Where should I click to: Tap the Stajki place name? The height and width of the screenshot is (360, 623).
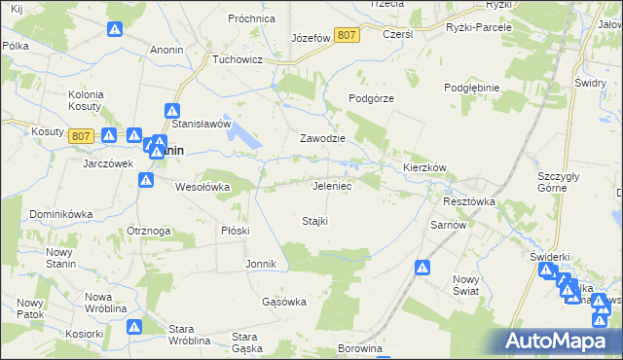[x=313, y=221]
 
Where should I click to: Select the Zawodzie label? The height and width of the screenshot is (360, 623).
[x=322, y=138]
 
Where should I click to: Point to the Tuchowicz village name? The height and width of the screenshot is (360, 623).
[x=239, y=58]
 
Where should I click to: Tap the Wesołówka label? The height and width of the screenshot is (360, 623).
[x=202, y=187]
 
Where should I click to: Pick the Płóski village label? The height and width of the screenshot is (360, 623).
[x=236, y=231]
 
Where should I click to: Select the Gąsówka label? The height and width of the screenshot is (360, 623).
[x=284, y=302]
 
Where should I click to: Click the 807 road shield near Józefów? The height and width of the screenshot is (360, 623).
[x=346, y=35]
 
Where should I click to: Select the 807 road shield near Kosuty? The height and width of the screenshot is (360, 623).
[x=82, y=137]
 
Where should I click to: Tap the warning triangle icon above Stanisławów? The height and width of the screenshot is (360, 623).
[x=172, y=111]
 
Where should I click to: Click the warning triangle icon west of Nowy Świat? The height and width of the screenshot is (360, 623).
[x=422, y=268]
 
